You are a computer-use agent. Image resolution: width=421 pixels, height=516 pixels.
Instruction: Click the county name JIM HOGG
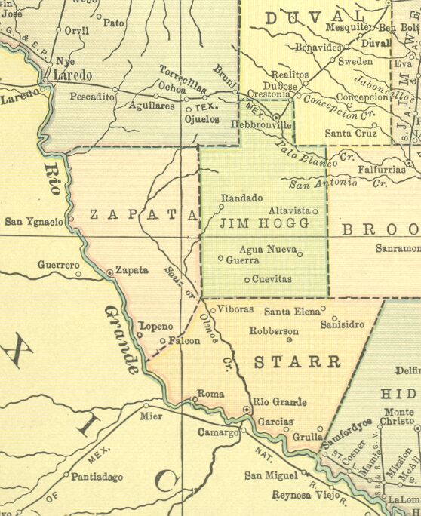click(264, 224)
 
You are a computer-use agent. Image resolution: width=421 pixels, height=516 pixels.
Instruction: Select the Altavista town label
click(290, 211)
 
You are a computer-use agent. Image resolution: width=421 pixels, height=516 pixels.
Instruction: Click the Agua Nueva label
click(267, 250)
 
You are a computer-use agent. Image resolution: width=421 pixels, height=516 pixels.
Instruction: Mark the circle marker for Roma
click(195, 399)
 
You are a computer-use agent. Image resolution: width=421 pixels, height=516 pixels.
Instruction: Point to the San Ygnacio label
click(34, 221)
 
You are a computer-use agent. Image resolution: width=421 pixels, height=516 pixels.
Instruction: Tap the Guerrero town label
click(58, 266)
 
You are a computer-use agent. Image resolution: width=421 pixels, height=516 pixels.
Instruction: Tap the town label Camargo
click(218, 432)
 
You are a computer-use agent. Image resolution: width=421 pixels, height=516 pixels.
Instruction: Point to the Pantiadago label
click(97, 476)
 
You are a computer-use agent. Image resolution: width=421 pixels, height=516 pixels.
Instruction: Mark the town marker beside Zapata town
click(109, 271)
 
